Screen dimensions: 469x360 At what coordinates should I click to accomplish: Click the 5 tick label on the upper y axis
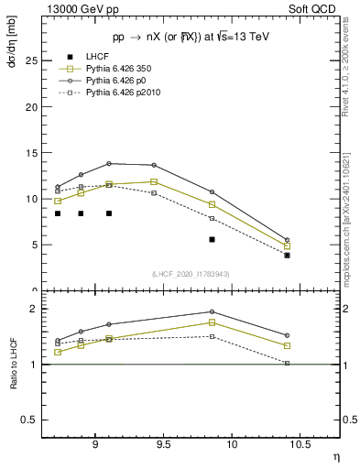pyautogui.click(x=34, y=245)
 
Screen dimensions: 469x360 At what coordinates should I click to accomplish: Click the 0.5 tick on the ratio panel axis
pyautogui.click(x=29, y=420)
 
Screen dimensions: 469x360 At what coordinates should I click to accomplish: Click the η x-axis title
pyautogui.click(x=336, y=455)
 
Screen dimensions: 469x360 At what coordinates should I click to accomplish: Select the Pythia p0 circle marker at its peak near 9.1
pyautogui.click(x=109, y=163)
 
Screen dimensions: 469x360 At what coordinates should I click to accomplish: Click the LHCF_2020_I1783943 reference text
pyautogui.click(x=191, y=274)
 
